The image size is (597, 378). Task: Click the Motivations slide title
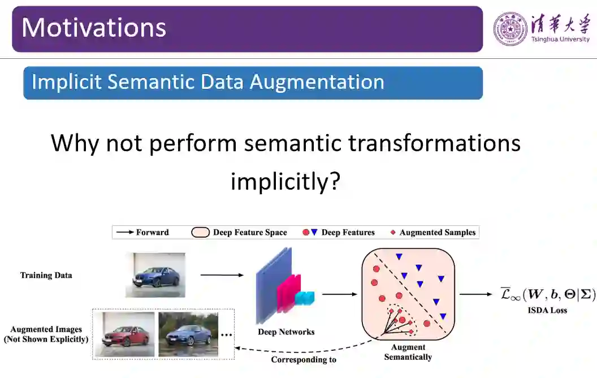(x=94, y=28)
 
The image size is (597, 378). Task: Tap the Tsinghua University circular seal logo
(x=511, y=28)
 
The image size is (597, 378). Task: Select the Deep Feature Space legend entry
(x=240, y=232)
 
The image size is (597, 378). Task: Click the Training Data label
(x=46, y=276)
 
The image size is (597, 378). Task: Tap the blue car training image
(x=155, y=275)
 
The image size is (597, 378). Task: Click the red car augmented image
(x=124, y=334)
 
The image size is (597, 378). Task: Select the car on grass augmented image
(x=188, y=334)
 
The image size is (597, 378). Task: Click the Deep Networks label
(x=286, y=332)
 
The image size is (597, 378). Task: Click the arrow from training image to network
(x=222, y=276)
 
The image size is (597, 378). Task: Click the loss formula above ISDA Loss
(x=547, y=294)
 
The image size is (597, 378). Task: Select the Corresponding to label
(x=304, y=359)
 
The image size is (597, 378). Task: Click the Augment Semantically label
(x=408, y=352)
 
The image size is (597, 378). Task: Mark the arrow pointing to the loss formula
(x=475, y=294)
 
